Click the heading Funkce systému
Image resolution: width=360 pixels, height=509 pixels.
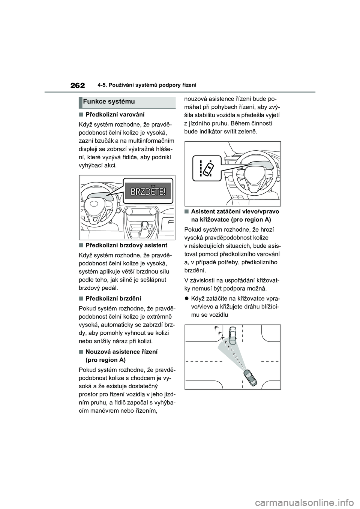[109, 102]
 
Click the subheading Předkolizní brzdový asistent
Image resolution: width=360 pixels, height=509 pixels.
[126, 246]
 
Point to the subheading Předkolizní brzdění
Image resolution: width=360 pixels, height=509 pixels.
[113, 299]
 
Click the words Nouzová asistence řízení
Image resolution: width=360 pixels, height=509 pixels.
[121, 352]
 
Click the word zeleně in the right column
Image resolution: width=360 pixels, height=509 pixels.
[246, 132]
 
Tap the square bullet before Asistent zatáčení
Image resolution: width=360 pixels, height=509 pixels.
[186, 211]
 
